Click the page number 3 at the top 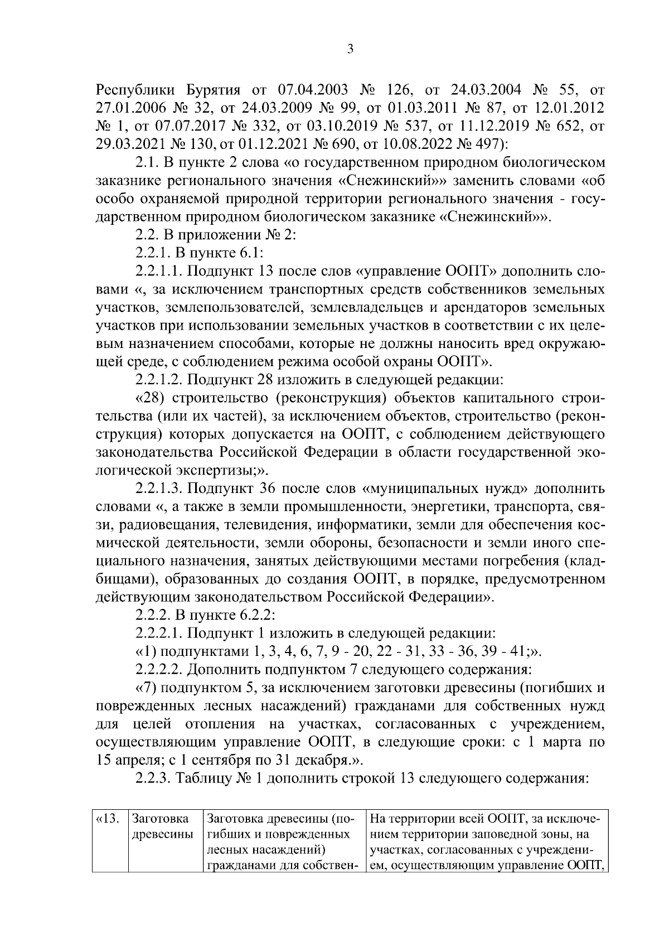[350, 49]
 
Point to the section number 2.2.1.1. [158, 272]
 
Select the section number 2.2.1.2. [158, 380]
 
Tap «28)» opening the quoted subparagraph [151, 398]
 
